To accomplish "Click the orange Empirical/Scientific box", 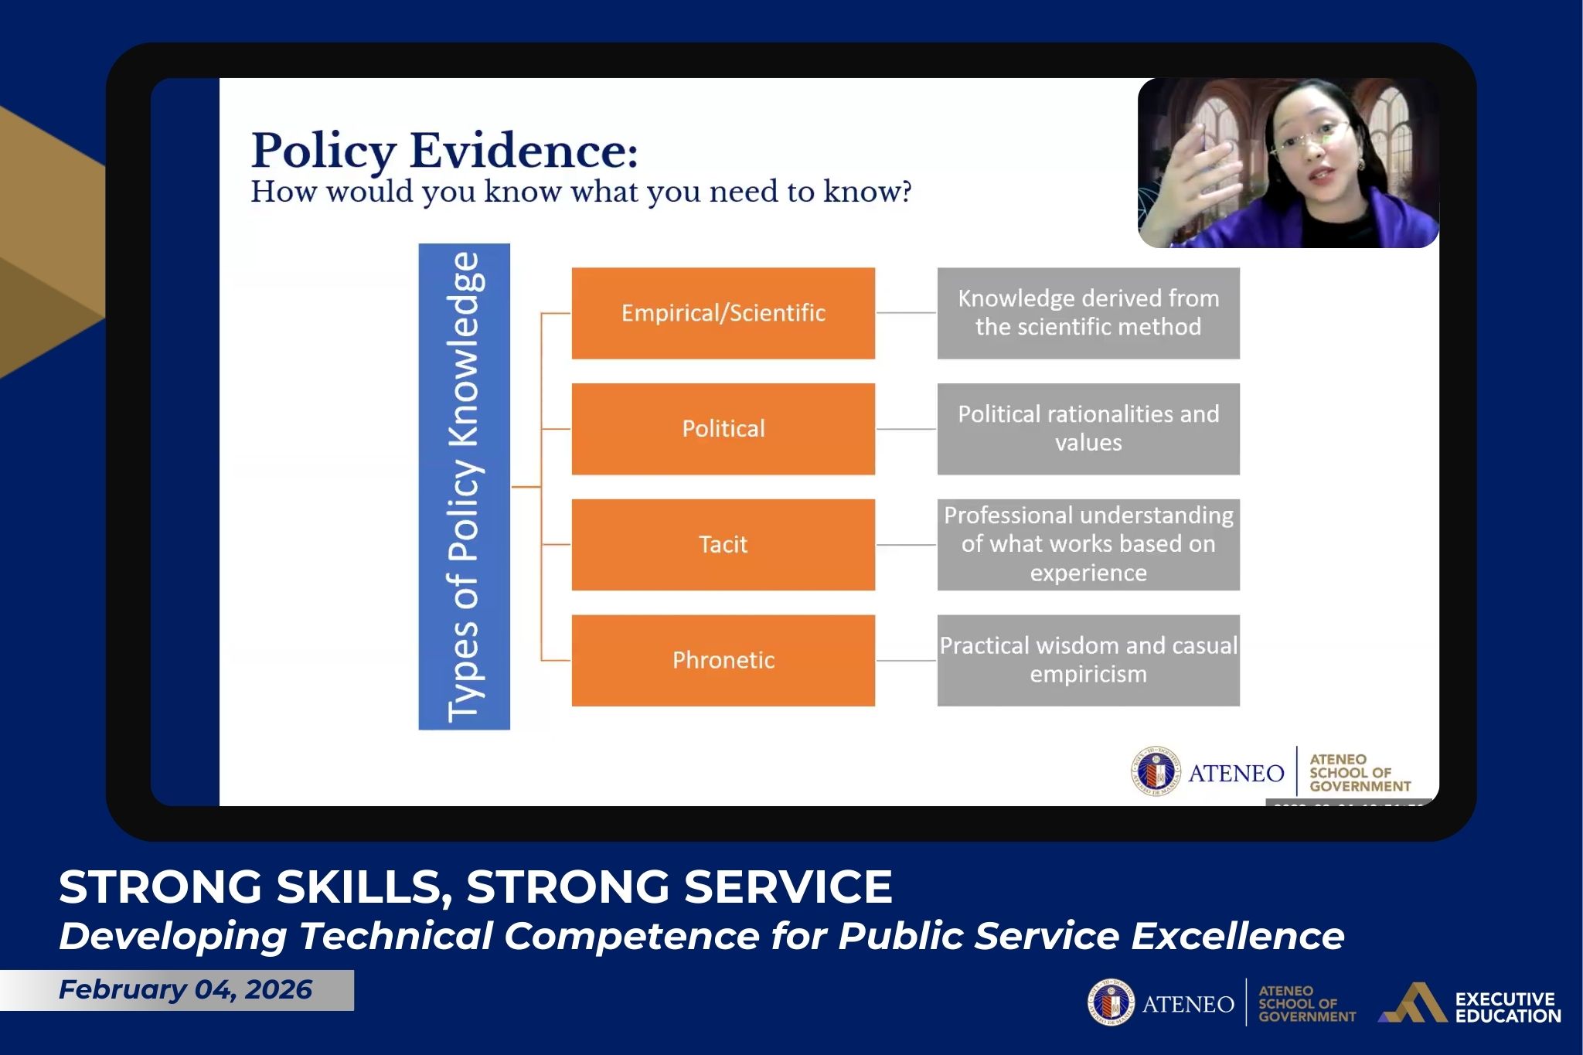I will [x=723, y=313].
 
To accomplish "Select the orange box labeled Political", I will [x=723, y=429].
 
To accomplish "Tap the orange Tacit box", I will [x=723, y=545].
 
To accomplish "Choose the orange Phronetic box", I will [x=723, y=661].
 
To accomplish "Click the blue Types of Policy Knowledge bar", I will [x=464, y=487].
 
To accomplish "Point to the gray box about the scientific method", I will [x=1088, y=313].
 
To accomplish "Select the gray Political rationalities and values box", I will [x=1088, y=429].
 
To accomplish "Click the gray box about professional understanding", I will [x=1088, y=545].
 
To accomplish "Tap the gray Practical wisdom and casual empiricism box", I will [x=1088, y=661].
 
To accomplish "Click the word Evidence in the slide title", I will [x=523, y=151].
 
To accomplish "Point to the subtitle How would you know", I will [x=580, y=192].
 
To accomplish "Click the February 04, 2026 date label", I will [x=186, y=990].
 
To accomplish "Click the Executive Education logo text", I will [x=1507, y=1007].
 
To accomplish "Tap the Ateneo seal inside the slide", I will [x=1156, y=771].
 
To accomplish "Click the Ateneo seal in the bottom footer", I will [x=1111, y=1003].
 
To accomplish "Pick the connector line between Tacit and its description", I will [x=906, y=545].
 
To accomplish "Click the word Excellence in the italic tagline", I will [x=1237, y=936].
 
